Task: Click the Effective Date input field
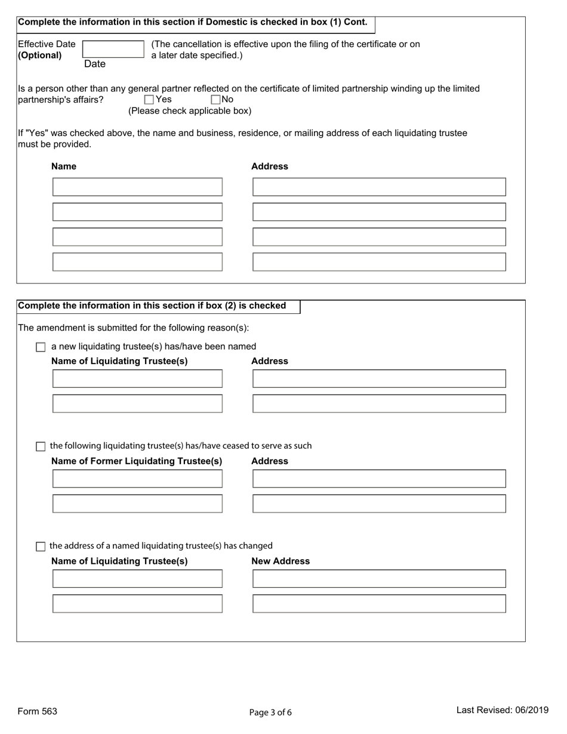pyautogui.click(x=113, y=49)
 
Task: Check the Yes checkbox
pyautogui.click(x=149, y=100)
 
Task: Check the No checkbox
pyautogui.click(x=215, y=100)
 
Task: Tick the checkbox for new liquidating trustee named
pyautogui.click(x=41, y=347)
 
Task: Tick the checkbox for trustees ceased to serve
pyautogui.click(x=41, y=446)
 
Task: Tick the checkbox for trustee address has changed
pyautogui.click(x=41, y=546)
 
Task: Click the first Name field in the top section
pyautogui.click(x=137, y=187)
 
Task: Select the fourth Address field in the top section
pyautogui.click(x=379, y=262)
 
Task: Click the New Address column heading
pyautogui.click(x=281, y=561)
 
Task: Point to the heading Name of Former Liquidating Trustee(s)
pyautogui.click(x=137, y=461)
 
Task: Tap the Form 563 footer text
pyautogui.click(x=38, y=711)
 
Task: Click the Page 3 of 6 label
pyautogui.click(x=270, y=712)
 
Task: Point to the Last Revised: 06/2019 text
pyautogui.click(x=503, y=710)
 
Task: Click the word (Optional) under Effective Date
pyautogui.click(x=40, y=55)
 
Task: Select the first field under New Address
pyautogui.click(x=379, y=579)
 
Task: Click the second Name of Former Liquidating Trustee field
pyautogui.click(x=137, y=504)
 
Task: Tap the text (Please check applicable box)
pyautogui.click(x=190, y=111)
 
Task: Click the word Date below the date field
pyautogui.click(x=94, y=64)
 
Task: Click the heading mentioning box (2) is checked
pyautogui.click(x=152, y=306)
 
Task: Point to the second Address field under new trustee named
pyautogui.click(x=379, y=403)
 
